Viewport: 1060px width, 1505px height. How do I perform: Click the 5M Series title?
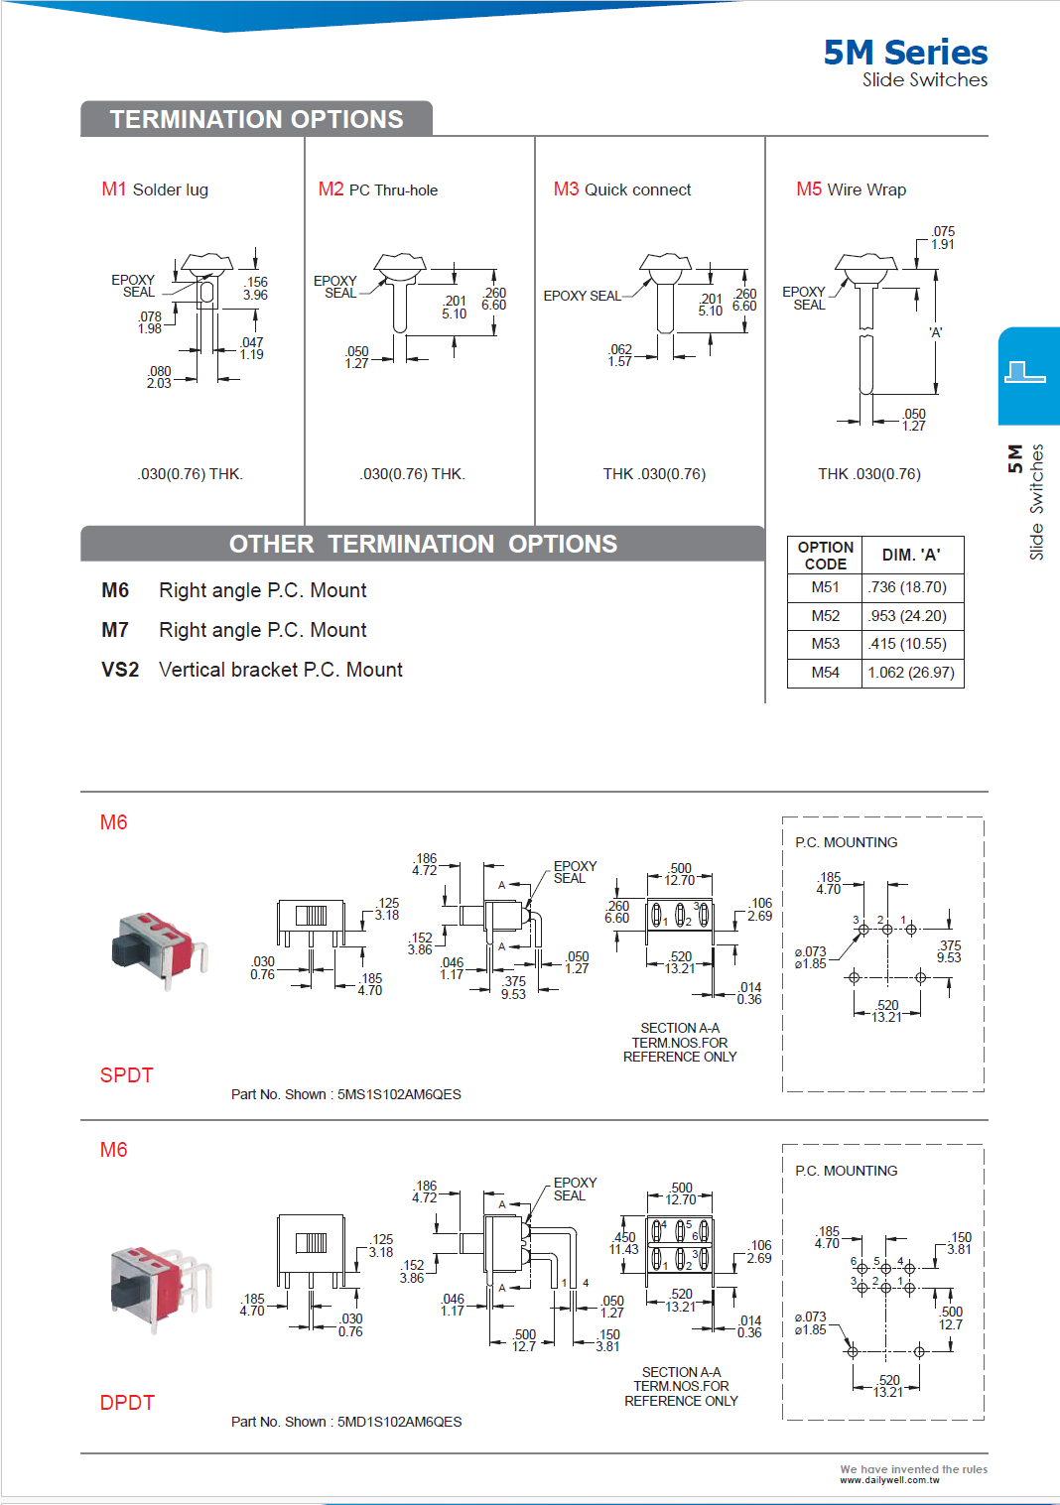(904, 52)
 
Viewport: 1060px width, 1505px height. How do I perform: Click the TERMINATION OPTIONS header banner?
(256, 119)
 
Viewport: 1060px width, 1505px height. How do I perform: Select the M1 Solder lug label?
(155, 189)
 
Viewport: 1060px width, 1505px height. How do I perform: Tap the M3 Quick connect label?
(622, 189)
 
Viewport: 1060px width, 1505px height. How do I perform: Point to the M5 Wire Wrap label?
(851, 189)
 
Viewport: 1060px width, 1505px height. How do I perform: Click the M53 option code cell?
(825, 644)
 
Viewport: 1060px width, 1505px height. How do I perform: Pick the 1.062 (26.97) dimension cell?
(910, 673)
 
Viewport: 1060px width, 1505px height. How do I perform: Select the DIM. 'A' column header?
(910, 556)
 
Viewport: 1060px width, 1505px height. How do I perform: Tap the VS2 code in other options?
(119, 670)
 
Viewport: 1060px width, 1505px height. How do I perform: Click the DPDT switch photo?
(160, 1288)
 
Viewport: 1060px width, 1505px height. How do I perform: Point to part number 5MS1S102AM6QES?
(399, 1094)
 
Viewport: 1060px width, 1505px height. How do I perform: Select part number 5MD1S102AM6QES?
(399, 1422)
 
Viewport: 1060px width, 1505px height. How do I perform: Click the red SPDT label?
(126, 1075)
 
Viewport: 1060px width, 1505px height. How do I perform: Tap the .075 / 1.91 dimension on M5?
(943, 238)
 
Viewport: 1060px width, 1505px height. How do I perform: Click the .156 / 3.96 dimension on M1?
(256, 289)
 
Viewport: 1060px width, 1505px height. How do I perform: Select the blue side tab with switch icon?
(1028, 375)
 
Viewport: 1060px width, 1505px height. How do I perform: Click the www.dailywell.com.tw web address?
(889, 1480)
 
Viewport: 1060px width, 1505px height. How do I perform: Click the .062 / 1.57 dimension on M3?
(620, 355)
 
